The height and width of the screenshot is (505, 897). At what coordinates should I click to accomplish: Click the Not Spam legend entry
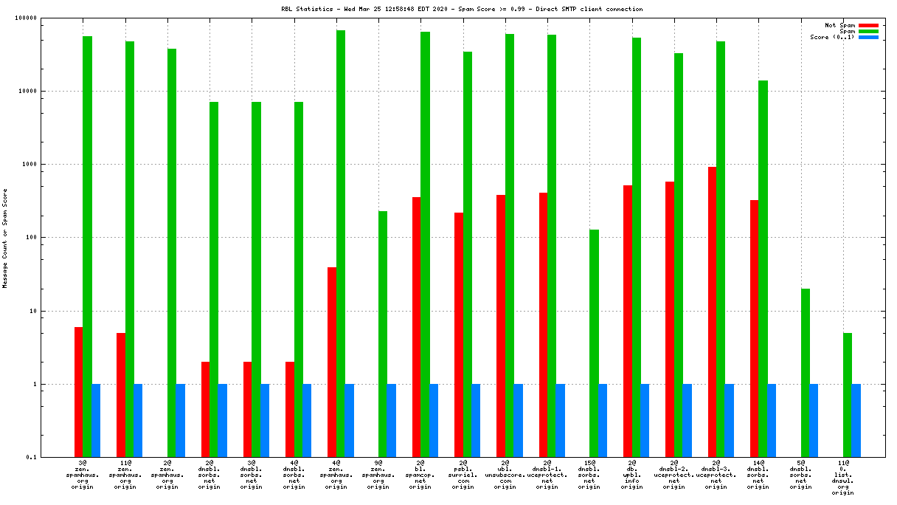click(840, 25)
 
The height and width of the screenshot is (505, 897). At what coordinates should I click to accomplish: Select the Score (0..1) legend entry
click(833, 37)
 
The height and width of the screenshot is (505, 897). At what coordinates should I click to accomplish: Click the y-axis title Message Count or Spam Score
click(5, 238)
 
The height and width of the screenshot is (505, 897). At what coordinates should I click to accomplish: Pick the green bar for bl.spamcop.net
click(425, 244)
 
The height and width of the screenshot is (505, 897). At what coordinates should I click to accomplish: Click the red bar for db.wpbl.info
click(628, 321)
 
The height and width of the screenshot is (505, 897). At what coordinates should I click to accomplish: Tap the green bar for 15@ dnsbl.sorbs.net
click(594, 343)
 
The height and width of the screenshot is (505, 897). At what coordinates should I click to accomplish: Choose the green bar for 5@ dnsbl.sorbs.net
click(806, 373)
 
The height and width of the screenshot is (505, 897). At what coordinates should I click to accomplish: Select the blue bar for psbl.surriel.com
click(476, 421)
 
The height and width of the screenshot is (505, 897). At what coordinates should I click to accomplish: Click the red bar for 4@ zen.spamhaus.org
click(332, 362)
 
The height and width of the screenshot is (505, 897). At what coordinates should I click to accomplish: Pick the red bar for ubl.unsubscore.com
click(501, 326)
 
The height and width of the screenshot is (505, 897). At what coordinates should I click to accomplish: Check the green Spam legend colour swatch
click(868, 31)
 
